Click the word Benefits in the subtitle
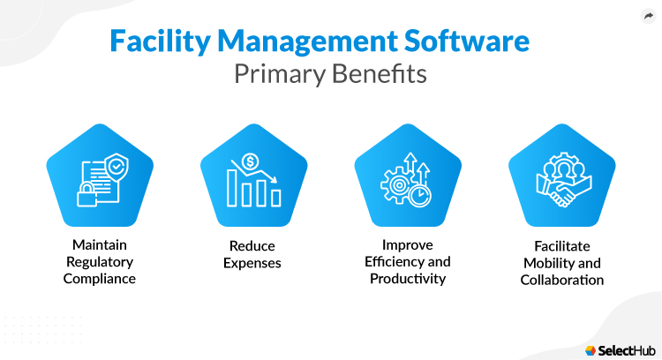tap(378, 74)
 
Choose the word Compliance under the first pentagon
tap(99, 280)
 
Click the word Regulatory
tap(99, 262)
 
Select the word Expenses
tap(253, 262)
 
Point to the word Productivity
tap(407, 279)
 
